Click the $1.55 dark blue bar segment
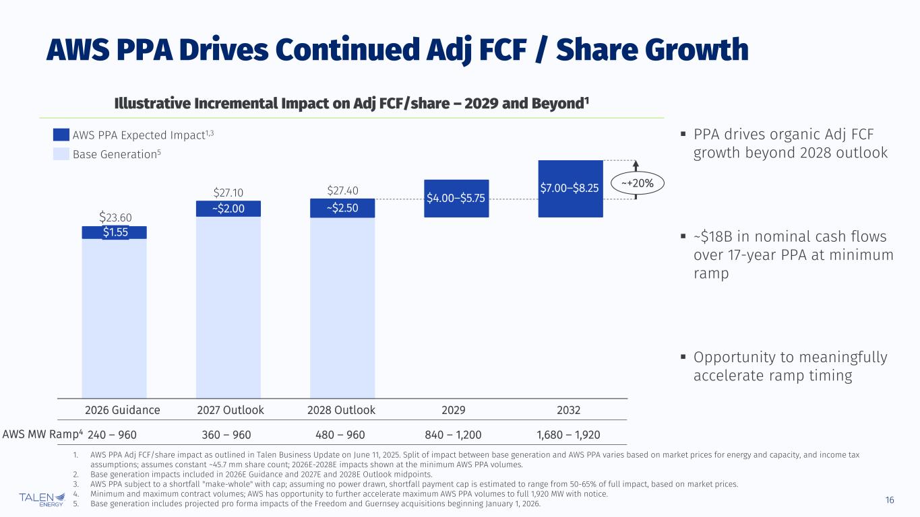pos(115,232)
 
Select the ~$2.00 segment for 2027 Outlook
pos(228,209)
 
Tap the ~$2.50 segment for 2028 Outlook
pos(342,208)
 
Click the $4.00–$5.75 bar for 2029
pos(456,198)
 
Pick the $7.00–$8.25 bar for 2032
pos(570,188)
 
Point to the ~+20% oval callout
pos(637,182)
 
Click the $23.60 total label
pos(115,217)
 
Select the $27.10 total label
pos(228,191)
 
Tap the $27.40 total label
pos(342,191)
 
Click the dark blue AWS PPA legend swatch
pos(61,135)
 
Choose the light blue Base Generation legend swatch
pos(61,154)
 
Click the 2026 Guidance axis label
pos(122,410)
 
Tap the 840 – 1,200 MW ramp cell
pos(456,434)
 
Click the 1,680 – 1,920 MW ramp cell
pos(568,434)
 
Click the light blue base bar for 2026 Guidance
pos(115,316)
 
